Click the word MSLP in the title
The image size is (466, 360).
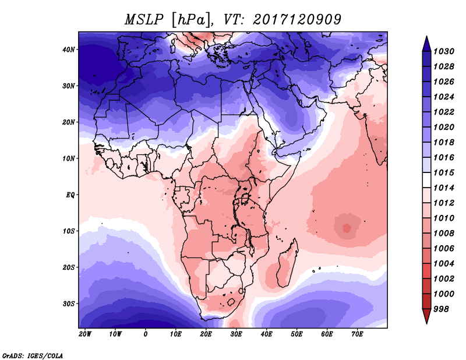144,20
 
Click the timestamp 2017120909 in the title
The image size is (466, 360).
297,20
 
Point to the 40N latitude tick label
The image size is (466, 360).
69,50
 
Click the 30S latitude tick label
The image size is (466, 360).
69,304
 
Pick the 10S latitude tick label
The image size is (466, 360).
69,231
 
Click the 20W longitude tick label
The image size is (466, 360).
85,334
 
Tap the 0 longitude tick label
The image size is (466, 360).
145,334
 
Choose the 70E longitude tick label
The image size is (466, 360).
357,334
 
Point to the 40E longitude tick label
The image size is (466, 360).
266,334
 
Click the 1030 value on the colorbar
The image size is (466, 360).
444,51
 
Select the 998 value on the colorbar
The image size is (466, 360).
441,309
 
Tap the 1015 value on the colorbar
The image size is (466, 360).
444,172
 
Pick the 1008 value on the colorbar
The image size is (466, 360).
444,234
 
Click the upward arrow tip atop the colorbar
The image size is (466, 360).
427,36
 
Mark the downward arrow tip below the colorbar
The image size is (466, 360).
427,324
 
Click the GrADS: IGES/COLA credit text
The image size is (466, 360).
33,355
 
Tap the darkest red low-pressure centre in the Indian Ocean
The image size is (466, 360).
347,228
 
